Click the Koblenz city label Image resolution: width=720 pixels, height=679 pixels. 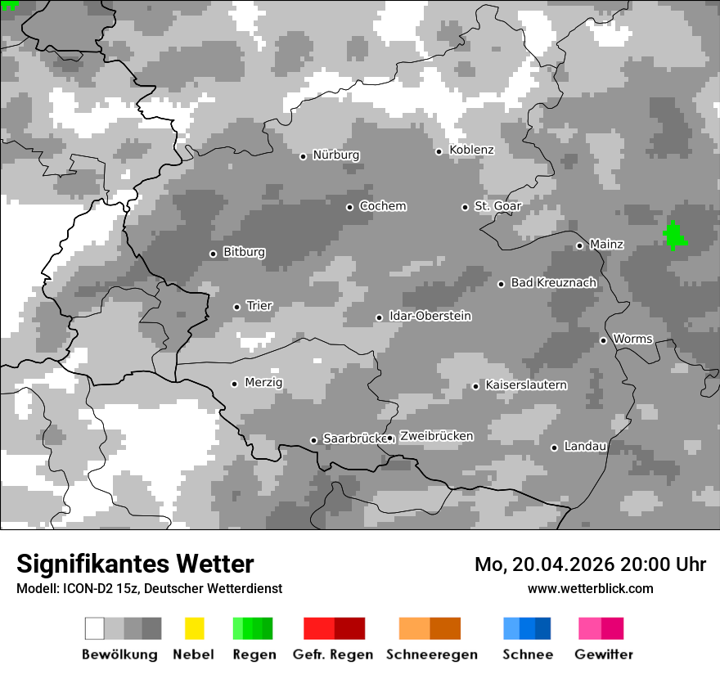point(471,150)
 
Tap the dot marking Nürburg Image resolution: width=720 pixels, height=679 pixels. point(303,156)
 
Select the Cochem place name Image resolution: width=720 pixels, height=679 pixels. point(382,206)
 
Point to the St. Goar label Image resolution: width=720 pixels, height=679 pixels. point(497,206)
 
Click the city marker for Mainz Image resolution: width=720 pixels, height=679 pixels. point(579,245)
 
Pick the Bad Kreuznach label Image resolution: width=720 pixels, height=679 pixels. point(553,282)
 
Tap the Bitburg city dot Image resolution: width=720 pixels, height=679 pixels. point(213,254)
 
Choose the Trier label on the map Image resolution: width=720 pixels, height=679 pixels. point(259,306)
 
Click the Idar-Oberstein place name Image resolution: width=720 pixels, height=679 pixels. point(430,316)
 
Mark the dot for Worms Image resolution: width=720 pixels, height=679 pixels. point(603,340)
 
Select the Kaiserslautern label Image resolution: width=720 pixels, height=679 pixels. point(525,384)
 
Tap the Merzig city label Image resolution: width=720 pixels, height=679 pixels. point(263,382)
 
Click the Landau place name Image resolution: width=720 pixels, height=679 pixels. point(585,447)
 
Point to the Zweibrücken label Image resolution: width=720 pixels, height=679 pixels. point(436,436)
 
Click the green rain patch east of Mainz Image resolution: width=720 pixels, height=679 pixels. point(674,236)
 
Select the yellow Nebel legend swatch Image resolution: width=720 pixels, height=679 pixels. point(194,628)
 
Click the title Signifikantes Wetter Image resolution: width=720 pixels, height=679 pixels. point(135,564)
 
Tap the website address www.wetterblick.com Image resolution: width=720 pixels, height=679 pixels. point(590,588)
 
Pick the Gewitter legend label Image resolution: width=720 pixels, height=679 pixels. point(603,654)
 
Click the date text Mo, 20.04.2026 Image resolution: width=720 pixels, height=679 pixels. point(544,564)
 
